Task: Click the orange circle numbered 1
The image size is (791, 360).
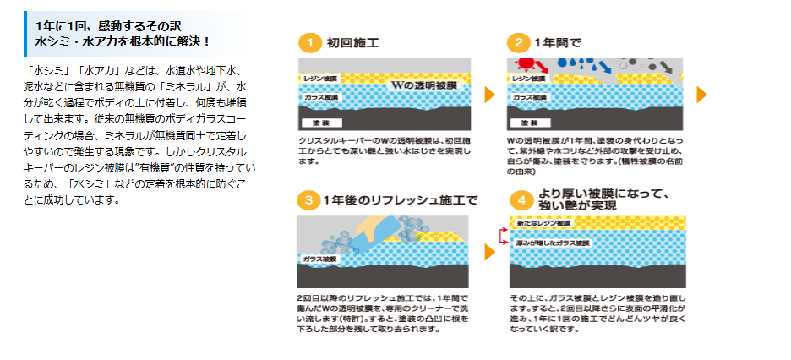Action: [x=310, y=42]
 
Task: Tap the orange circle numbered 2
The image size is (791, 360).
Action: [x=516, y=42]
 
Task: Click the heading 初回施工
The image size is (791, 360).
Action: [x=352, y=42]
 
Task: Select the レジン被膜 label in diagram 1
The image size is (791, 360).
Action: [x=321, y=77]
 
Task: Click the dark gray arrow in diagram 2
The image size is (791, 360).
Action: [x=664, y=66]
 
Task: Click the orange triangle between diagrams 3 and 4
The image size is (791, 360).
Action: [x=488, y=252]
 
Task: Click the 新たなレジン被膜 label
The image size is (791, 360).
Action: [x=543, y=223]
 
